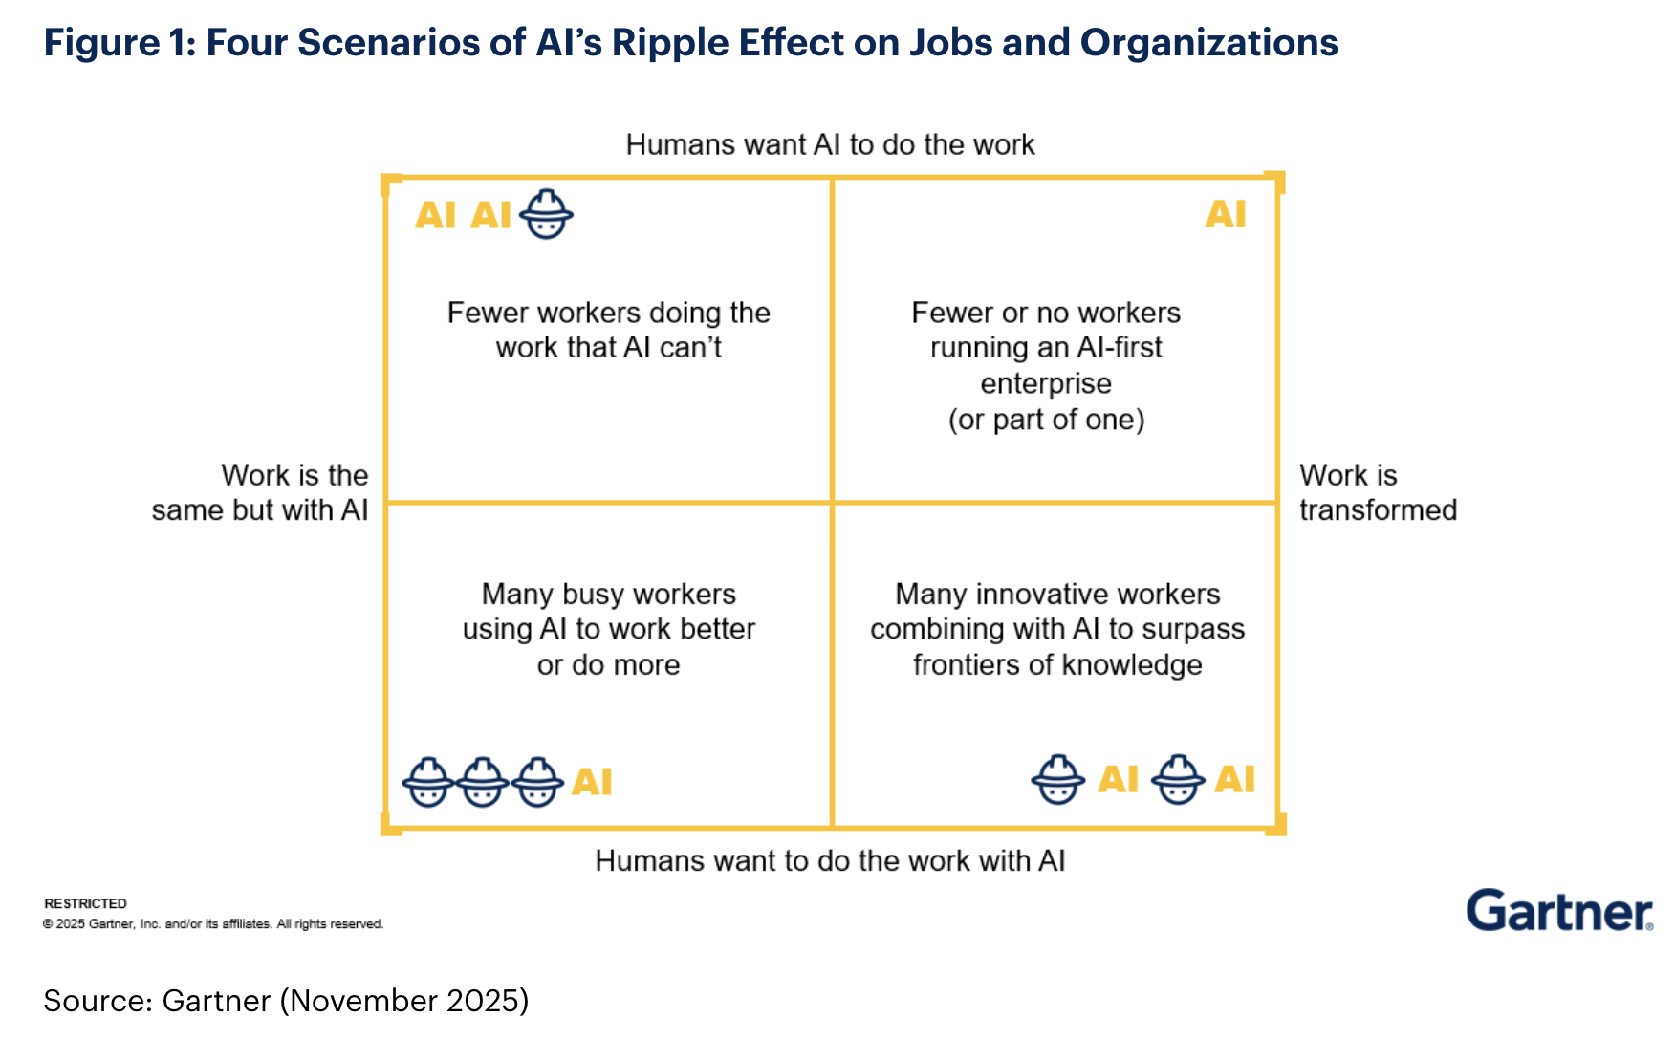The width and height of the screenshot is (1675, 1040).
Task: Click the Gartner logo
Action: [x=1558, y=911]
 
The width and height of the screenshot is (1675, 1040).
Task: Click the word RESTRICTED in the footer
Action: [x=85, y=903]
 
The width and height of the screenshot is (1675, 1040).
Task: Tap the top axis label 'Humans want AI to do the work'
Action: [x=830, y=144]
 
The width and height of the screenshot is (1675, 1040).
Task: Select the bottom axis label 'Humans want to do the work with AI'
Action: [x=830, y=860]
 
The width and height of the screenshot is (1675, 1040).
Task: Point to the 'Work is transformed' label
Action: [x=1377, y=492]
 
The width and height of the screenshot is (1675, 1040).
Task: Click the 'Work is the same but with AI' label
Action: [x=260, y=492]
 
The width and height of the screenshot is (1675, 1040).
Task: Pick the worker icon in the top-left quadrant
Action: [x=546, y=214]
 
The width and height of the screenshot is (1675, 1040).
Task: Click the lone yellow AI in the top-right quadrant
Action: [x=1226, y=214]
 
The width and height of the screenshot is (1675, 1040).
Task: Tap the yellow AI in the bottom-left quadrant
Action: [x=592, y=782]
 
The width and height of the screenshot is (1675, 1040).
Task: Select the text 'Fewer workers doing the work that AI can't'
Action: [x=609, y=330]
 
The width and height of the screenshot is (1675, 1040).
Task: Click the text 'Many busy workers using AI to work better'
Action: [x=609, y=612]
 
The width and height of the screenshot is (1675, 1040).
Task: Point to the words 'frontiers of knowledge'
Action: [x=1057, y=664]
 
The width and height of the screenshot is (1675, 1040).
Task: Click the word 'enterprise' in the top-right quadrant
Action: [x=1046, y=383]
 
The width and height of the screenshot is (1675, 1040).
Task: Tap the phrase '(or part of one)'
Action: [x=1046, y=420]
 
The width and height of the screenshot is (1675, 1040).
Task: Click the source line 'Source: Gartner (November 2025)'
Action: [x=286, y=1000]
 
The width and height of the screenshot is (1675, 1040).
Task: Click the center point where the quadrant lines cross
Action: [x=832, y=502]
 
